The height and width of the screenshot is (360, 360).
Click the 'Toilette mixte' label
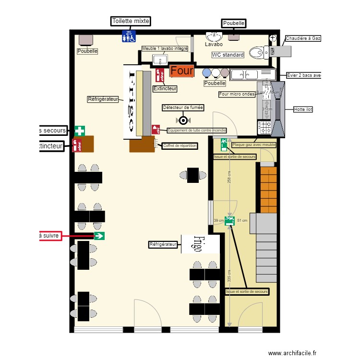[x=131, y=21]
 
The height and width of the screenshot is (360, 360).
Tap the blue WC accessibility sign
[x=129, y=36]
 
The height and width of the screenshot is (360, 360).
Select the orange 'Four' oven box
[x=181, y=71]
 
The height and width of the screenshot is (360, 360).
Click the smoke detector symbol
[x=183, y=120]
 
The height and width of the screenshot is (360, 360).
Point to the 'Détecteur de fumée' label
[x=183, y=108]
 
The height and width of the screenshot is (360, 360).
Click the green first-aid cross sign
[x=80, y=131]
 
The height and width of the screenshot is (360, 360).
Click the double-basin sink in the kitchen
[x=252, y=74]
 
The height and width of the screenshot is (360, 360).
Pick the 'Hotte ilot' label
[x=303, y=109]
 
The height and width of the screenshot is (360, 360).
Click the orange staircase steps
[x=269, y=190]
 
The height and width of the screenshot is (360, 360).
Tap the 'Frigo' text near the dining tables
[x=197, y=244]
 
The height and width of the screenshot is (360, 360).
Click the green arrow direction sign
[x=99, y=236]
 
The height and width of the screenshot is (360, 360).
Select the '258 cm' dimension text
[x=229, y=177]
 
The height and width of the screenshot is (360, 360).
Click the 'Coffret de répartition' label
[x=180, y=145]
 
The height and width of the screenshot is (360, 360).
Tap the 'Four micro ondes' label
[x=237, y=94]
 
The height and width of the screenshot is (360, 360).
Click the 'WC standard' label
[x=228, y=55]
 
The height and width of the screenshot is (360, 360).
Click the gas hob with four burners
[x=264, y=127]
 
